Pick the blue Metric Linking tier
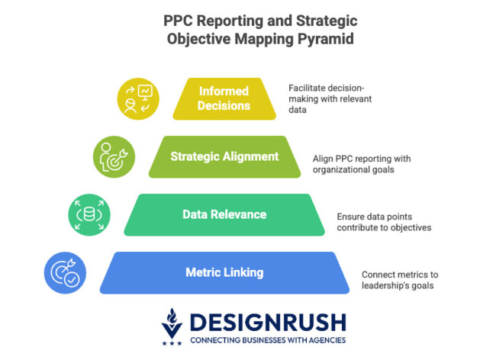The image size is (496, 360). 224,272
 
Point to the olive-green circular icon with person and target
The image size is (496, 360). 114,157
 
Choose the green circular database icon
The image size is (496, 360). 89,214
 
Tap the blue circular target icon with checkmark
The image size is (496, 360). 65,272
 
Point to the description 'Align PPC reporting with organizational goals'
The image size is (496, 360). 362,164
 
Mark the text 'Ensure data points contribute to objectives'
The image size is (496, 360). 384,221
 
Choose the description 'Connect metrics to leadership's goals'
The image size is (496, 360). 400,279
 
